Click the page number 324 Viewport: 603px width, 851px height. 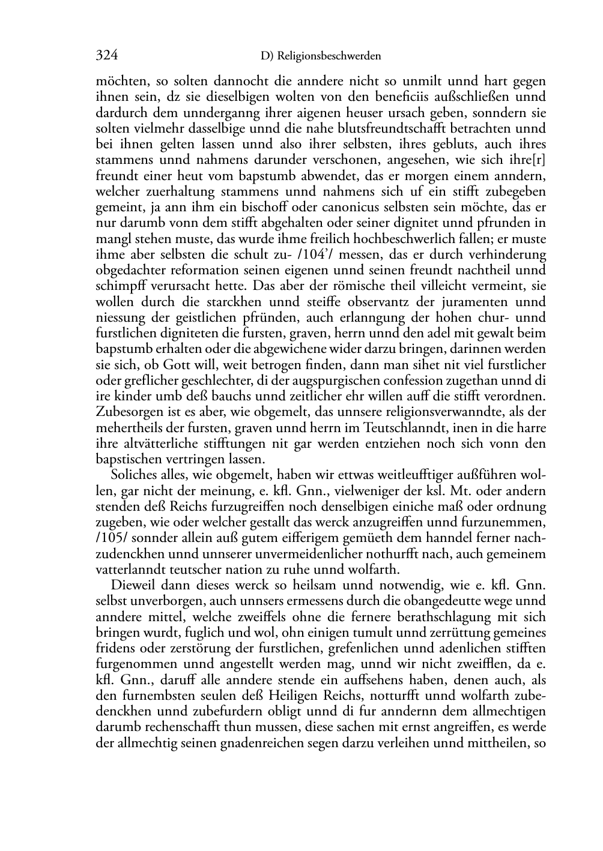(106, 56)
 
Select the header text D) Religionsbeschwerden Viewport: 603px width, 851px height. (321, 56)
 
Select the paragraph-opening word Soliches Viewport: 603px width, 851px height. (133, 475)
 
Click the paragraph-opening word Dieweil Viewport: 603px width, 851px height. (133, 585)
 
